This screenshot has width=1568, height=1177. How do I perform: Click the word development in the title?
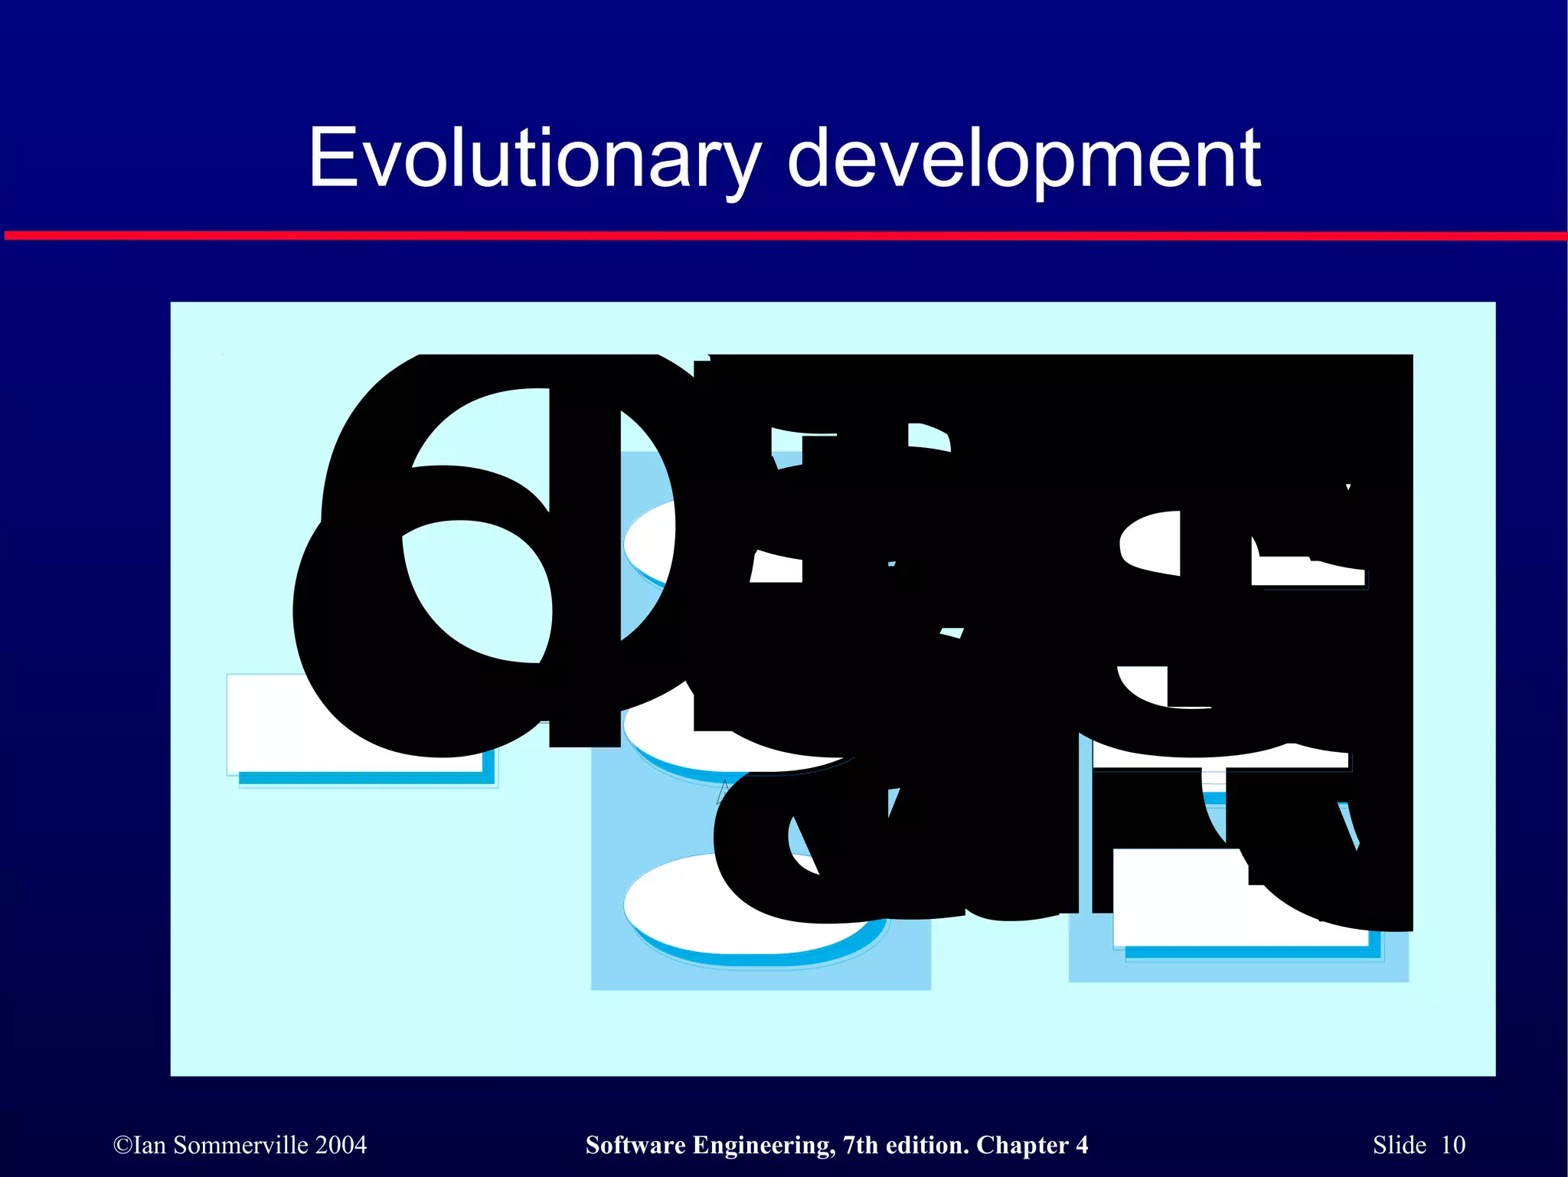[x=1024, y=159]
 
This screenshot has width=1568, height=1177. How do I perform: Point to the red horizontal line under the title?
[x=784, y=236]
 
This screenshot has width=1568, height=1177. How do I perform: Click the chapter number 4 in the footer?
[x=1081, y=1145]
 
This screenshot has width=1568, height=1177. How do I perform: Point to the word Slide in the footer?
[x=1399, y=1145]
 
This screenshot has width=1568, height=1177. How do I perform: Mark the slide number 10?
[x=1452, y=1145]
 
